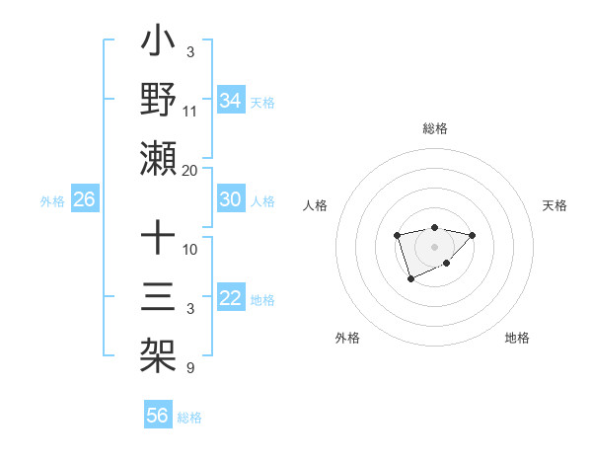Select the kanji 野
tap(158, 102)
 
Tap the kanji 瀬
tap(158, 158)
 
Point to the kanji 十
tap(158, 240)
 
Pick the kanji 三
tap(158, 296)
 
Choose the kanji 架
tap(158, 352)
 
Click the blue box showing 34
tap(230, 100)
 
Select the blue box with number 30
tap(230, 199)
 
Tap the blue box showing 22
tap(230, 299)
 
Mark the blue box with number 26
tap(84, 200)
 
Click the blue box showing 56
tap(157, 416)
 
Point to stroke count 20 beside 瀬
tap(190, 171)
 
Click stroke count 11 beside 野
tap(190, 111)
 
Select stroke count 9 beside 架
tap(189, 368)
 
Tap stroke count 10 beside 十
tap(190, 249)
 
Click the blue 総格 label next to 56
tap(189, 418)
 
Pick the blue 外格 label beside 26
tap(52, 201)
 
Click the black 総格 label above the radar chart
tap(434, 129)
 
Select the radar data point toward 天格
tap(473, 235)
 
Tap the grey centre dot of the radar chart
tap(434, 246)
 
